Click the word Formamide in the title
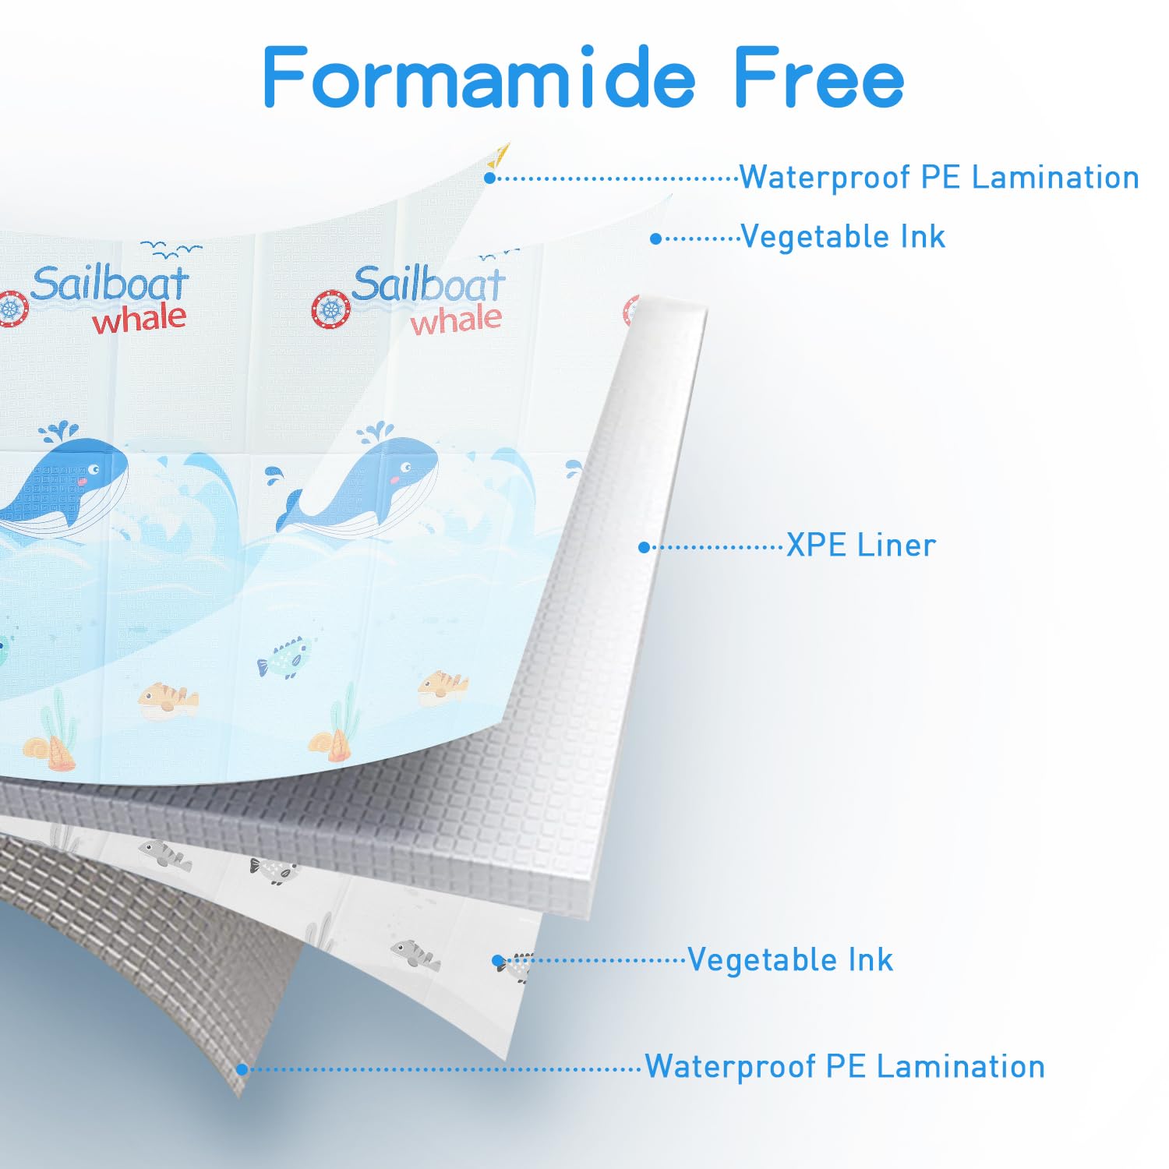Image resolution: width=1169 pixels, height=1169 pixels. click(478, 77)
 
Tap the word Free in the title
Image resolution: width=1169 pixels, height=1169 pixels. click(818, 77)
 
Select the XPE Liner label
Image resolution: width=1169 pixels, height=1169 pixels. click(860, 546)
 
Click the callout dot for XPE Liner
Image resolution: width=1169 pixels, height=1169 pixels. click(644, 548)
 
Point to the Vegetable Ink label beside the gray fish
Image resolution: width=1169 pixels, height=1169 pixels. click(789, 960)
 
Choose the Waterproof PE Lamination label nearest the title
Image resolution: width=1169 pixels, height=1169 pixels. click(938, 178)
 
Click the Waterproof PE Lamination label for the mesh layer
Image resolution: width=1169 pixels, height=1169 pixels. click(844, 1066)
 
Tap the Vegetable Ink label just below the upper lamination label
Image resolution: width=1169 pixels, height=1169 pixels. click(842, 237)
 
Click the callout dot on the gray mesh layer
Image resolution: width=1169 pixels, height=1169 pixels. click(242, 1069)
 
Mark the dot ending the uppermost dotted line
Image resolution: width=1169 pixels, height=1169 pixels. click(489, 178)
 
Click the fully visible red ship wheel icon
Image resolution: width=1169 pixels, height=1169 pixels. click(331, 310)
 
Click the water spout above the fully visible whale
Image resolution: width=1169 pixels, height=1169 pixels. click(376, 432)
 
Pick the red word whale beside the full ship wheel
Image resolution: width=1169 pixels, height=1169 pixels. click(457, 320)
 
